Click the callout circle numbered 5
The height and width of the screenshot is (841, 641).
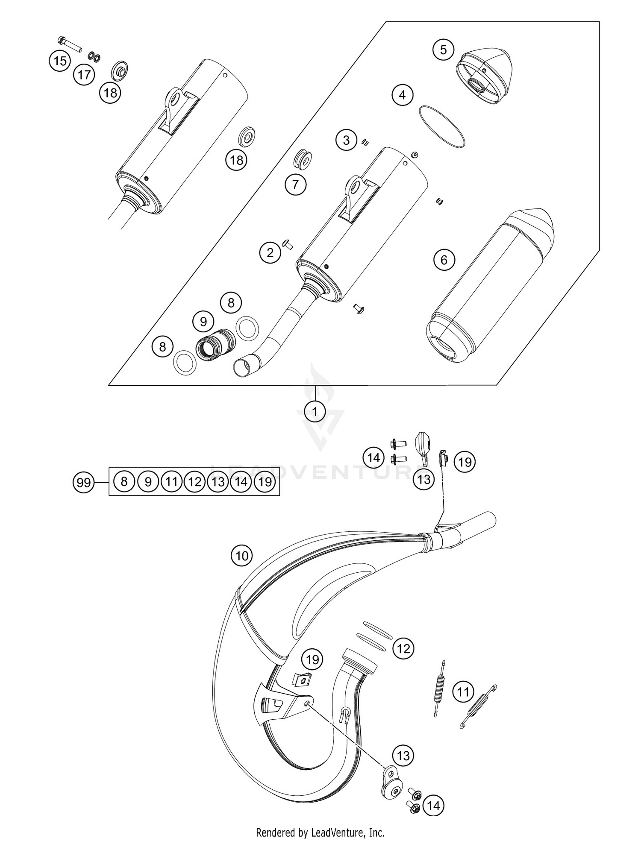[443, 50]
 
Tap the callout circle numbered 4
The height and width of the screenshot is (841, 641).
[402, 94]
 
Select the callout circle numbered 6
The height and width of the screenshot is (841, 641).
[444, 260]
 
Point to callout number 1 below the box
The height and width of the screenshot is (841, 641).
[315, 412]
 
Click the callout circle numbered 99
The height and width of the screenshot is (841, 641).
[83, 483]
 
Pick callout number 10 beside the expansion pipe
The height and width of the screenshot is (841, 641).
[242, 556]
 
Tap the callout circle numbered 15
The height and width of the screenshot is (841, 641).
[60, 61]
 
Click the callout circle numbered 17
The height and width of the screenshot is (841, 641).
[84, 75]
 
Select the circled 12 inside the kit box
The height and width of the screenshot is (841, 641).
[194, 482]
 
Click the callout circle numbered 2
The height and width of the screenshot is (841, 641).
[270, 253]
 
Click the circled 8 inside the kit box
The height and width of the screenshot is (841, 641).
[124, 482]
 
